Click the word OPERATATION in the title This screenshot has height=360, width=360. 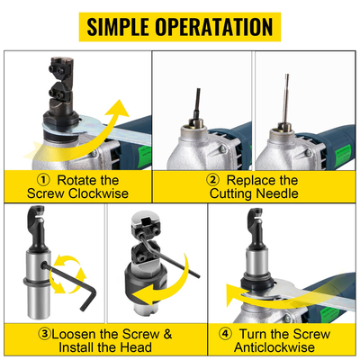(x=216, y=26)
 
